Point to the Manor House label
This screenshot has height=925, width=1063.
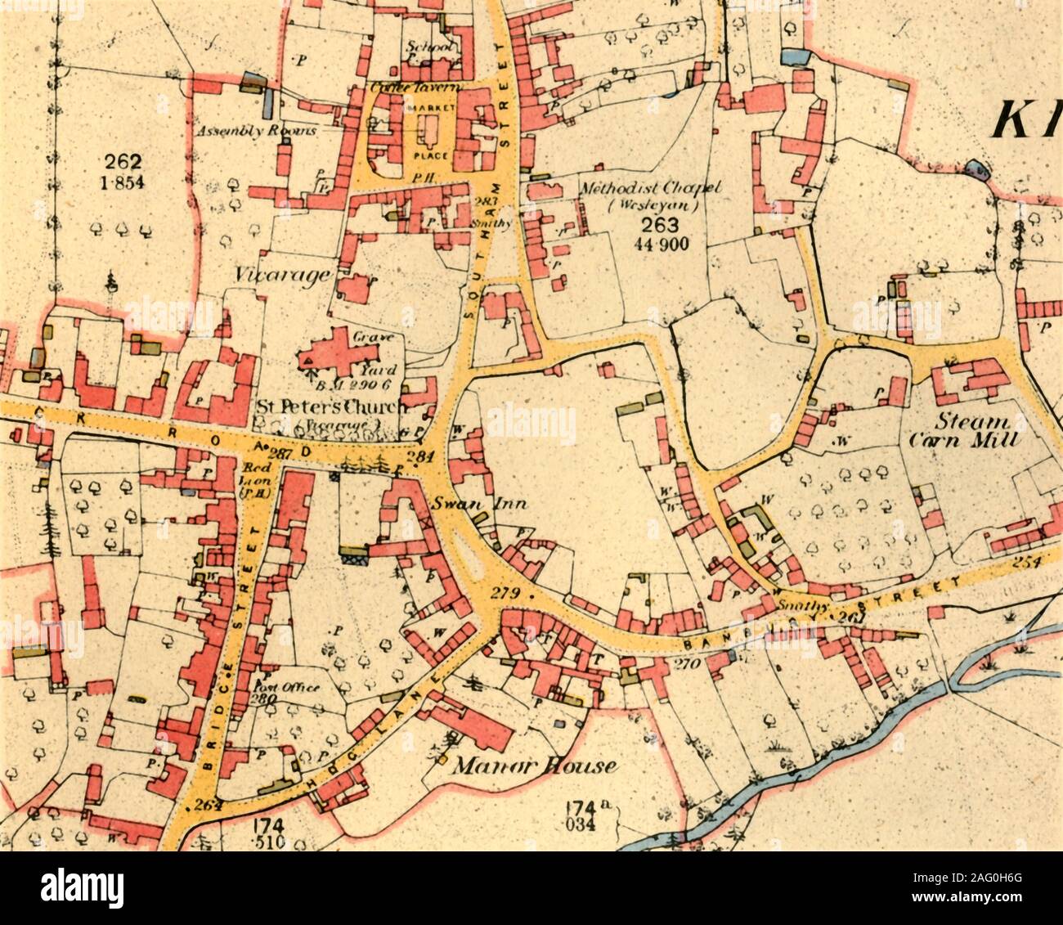[535, 766]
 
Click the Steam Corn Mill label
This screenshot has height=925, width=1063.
[963, 431]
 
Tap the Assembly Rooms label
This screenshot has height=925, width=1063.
[244, 131]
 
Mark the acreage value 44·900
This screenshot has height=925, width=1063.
[663, 244]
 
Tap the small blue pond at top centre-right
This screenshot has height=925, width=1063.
[792, 56]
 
